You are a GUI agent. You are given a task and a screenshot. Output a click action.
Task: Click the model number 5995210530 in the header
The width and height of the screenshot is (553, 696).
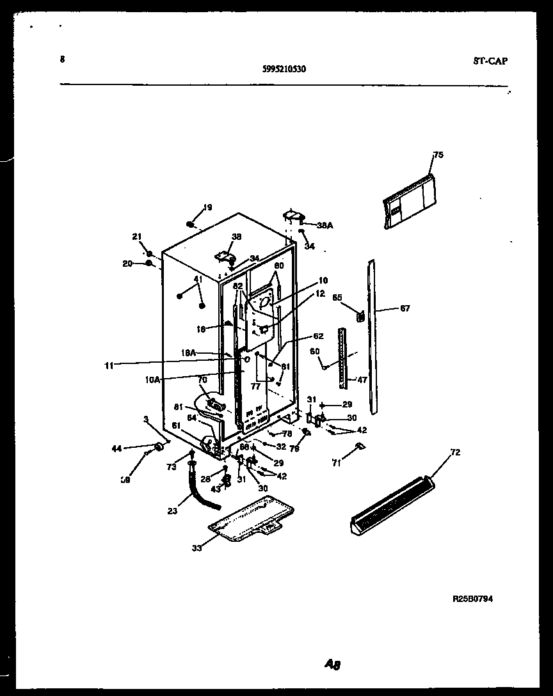[284, 70]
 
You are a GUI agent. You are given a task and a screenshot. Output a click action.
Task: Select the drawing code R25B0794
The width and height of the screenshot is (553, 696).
[472, 599]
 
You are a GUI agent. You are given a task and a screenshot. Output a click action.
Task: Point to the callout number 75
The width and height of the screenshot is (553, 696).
[438, 155]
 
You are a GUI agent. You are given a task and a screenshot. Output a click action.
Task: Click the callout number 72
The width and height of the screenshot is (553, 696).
[455, 452]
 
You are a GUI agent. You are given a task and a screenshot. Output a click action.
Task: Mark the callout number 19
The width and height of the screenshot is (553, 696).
[207, 207]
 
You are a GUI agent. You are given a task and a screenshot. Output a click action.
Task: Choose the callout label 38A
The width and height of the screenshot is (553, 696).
[325, 225]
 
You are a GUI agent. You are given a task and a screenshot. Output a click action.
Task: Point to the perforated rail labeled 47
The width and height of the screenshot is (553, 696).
[344, 358]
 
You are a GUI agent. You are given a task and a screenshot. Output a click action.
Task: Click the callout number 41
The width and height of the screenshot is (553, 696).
[198, 280]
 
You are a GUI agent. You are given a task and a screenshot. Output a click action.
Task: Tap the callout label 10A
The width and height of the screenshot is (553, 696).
[152, 379]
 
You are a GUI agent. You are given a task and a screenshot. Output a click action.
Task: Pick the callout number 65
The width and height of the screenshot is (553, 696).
[337, 297]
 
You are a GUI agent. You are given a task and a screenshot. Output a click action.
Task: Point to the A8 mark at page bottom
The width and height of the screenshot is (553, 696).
[332, 665]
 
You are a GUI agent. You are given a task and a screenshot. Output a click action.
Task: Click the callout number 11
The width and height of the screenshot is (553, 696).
[109, 365]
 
